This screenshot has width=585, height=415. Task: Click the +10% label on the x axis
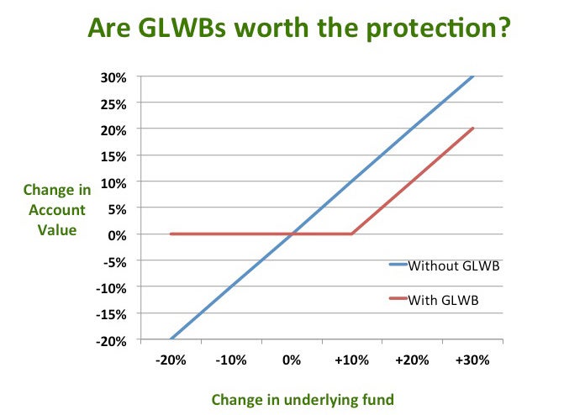pyautogui.click(x=351, y=360)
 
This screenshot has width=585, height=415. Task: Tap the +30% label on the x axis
pyautogui.click(x=472, y=360)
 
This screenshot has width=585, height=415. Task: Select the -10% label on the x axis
pyautogui.click(x=230, y=360)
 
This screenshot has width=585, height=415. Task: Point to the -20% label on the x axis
pyautogui.click(x=171, y=360)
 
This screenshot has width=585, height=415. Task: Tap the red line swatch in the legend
pyautogui.click(x=397, y=298)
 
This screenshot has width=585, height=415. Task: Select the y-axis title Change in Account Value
pyautogui.click(x=56, y=209)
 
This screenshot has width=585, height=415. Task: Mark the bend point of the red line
pyautogui.click(x=351, y=234)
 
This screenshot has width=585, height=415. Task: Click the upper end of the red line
pyautogui.click(x=473, y=128)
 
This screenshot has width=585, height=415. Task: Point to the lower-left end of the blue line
pyautogui.click(x=171, y=339)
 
